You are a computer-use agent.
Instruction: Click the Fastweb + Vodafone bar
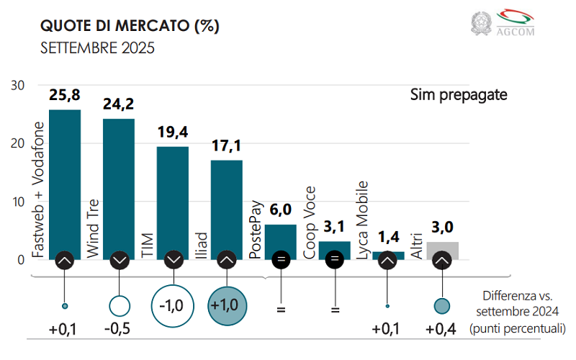point(65,180)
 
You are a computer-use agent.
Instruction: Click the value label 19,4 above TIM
point(173,132)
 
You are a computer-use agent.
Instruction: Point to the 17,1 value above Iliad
point(226,146)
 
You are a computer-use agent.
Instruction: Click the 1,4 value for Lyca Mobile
point(389,237)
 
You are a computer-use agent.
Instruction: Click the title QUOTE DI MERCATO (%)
point(130,27)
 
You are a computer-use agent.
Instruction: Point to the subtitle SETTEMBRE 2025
point(97,49)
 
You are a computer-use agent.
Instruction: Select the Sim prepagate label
point(459,94)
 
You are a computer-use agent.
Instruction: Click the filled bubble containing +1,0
point(227,305)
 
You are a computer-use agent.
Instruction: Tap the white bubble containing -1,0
point(173,305)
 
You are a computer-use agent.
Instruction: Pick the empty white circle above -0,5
point(119,306)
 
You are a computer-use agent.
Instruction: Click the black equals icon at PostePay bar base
point(281,260)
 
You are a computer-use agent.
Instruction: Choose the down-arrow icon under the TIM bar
point(173,260)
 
